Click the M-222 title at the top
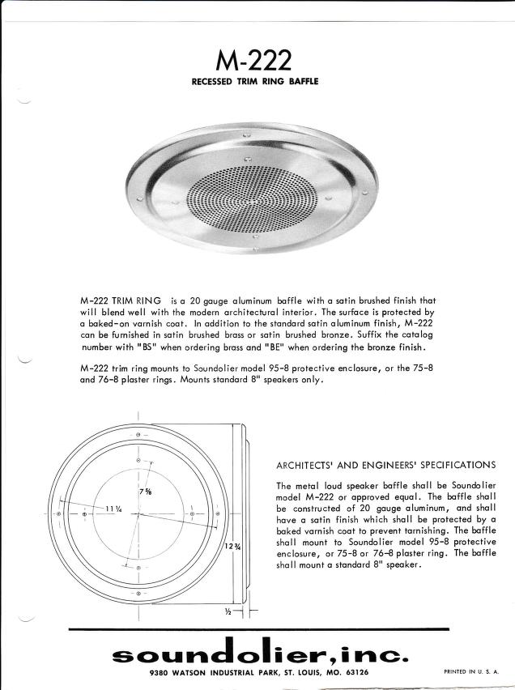coord(255,59)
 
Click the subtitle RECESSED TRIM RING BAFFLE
coord(255,81)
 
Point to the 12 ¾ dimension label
coord(232,547)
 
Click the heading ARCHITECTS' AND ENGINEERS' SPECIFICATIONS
coord(386,465)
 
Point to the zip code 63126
coord(355,672)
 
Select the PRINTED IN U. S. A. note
coord(471,671)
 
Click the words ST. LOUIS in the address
coord(293,672)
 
